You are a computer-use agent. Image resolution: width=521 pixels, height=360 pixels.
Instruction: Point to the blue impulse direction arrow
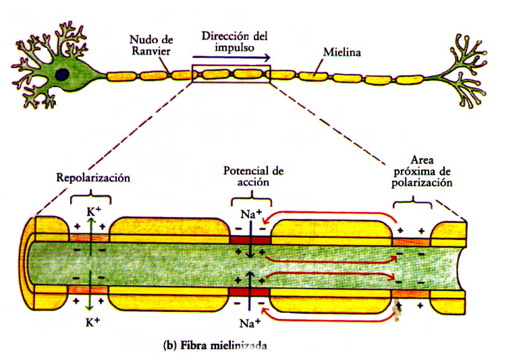pos(237,59)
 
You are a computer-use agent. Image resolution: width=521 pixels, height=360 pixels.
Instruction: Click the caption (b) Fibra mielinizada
pos(215,345)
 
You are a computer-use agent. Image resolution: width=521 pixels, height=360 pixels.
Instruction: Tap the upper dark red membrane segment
pos(250,240)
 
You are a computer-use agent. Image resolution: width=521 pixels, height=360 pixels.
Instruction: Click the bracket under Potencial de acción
pos(251,201)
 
